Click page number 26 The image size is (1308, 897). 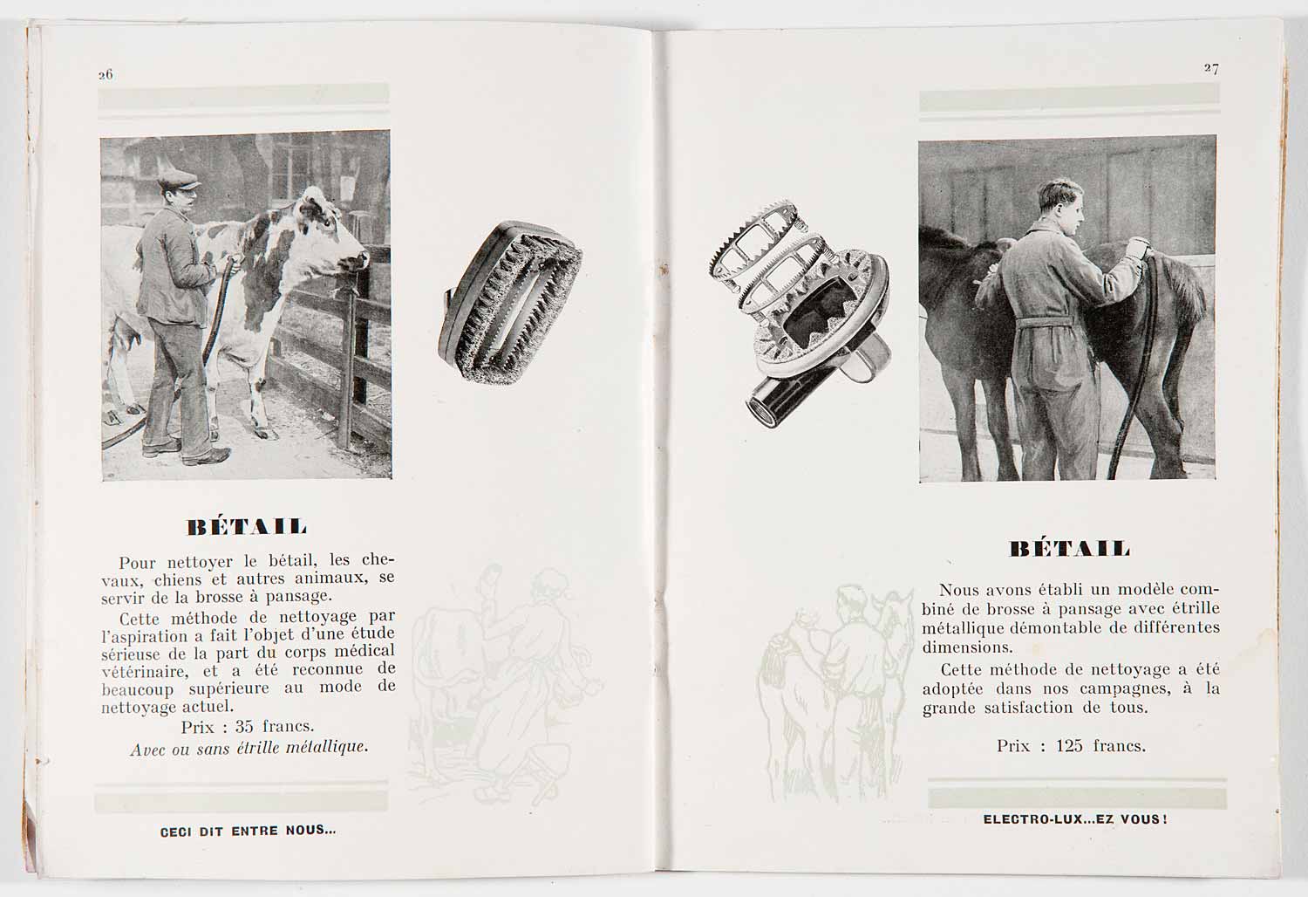[106, 75]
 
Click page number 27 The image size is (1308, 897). [1211, 68]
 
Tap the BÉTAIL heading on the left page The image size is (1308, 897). [247, 526]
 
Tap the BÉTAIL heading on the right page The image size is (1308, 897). [1070, 549]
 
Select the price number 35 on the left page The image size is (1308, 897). [244, 726]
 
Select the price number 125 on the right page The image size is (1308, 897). [1069, 746]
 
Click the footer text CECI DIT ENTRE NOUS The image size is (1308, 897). [249, 831]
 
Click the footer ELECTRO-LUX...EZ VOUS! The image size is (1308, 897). [1075, 819]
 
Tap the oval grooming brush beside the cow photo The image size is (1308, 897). [509, 302]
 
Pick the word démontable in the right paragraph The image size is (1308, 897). [1054, 628]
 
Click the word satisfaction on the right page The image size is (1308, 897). [1029, 709]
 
